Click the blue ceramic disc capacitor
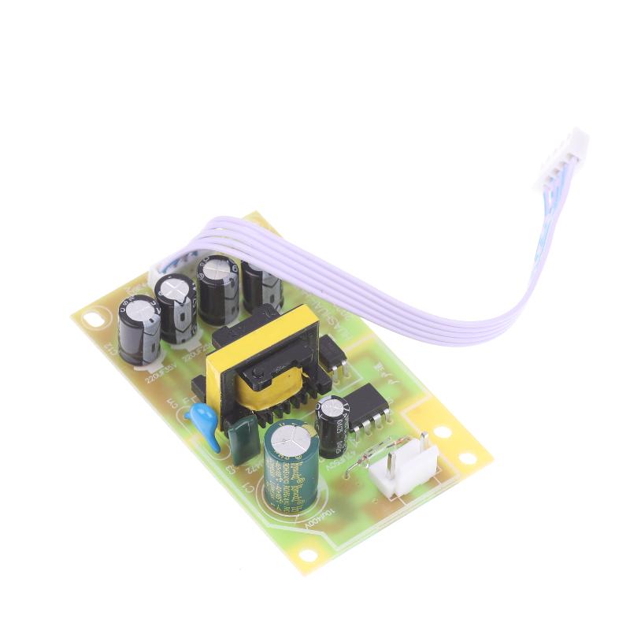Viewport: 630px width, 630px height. (208, 426)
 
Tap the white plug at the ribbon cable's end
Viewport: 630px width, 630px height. (562, 161)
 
